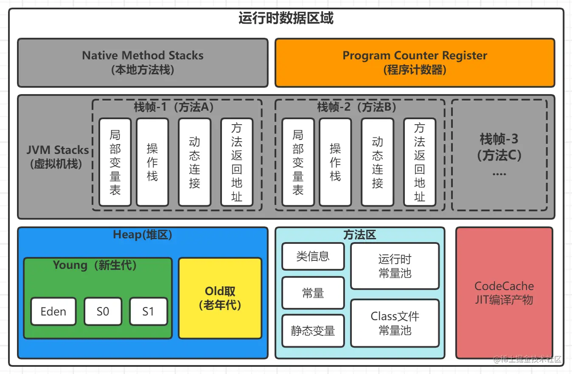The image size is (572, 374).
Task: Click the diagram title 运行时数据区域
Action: pos(286,19)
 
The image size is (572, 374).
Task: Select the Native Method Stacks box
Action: pos(143,62)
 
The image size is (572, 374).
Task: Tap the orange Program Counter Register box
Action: pos(415,62)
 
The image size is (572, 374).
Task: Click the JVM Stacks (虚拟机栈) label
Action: pos(57,157)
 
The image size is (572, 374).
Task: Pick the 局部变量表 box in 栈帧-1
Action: pos(115,162)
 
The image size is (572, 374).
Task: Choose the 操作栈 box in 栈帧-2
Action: pos(335,162)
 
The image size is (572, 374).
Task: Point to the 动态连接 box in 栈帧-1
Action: pos(194,162)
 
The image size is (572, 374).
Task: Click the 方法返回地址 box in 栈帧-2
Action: pos(419,162)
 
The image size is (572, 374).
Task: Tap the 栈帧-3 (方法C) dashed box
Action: pos(499,155)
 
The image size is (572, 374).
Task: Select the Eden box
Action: pos(53,311)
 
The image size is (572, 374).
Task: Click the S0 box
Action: pos(103,311)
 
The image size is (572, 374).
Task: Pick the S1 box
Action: pos(148,311)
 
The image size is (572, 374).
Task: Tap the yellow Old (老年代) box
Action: pos(220,298)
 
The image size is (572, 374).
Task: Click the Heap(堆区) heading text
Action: pos(143,235)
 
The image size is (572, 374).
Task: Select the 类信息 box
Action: pos(313,256)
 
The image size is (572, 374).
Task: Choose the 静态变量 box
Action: pos(313,331)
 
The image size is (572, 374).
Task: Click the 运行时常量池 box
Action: pos(395,266)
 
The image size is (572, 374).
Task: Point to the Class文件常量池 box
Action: pos(395,323)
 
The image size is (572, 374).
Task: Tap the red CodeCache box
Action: pos(504,293)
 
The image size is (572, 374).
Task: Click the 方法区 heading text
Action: pos(359,234)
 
